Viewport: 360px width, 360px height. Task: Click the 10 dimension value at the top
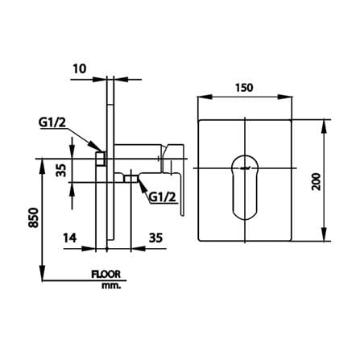click(80, 69)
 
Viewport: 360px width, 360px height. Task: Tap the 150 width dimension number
click(244, 88)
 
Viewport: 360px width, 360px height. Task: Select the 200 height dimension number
click(317, 182)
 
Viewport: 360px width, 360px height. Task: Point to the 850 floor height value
click(34, 217)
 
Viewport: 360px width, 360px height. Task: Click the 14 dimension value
click(70, 238)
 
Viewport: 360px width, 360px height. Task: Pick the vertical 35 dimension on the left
click(61, 170)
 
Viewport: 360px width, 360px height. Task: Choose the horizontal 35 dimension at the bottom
click(155, 238)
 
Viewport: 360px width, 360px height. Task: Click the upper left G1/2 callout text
click(52, 122)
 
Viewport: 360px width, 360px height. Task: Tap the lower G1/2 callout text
click(163, 198)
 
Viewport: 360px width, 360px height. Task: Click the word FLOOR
click(106, 275)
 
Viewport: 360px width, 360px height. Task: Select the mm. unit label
click(111, 286)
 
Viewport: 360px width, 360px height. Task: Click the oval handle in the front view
click(245, 187)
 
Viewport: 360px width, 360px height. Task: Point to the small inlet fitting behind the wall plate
click(101, 159)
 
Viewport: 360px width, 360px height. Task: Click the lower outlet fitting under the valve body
click(130, 179)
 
